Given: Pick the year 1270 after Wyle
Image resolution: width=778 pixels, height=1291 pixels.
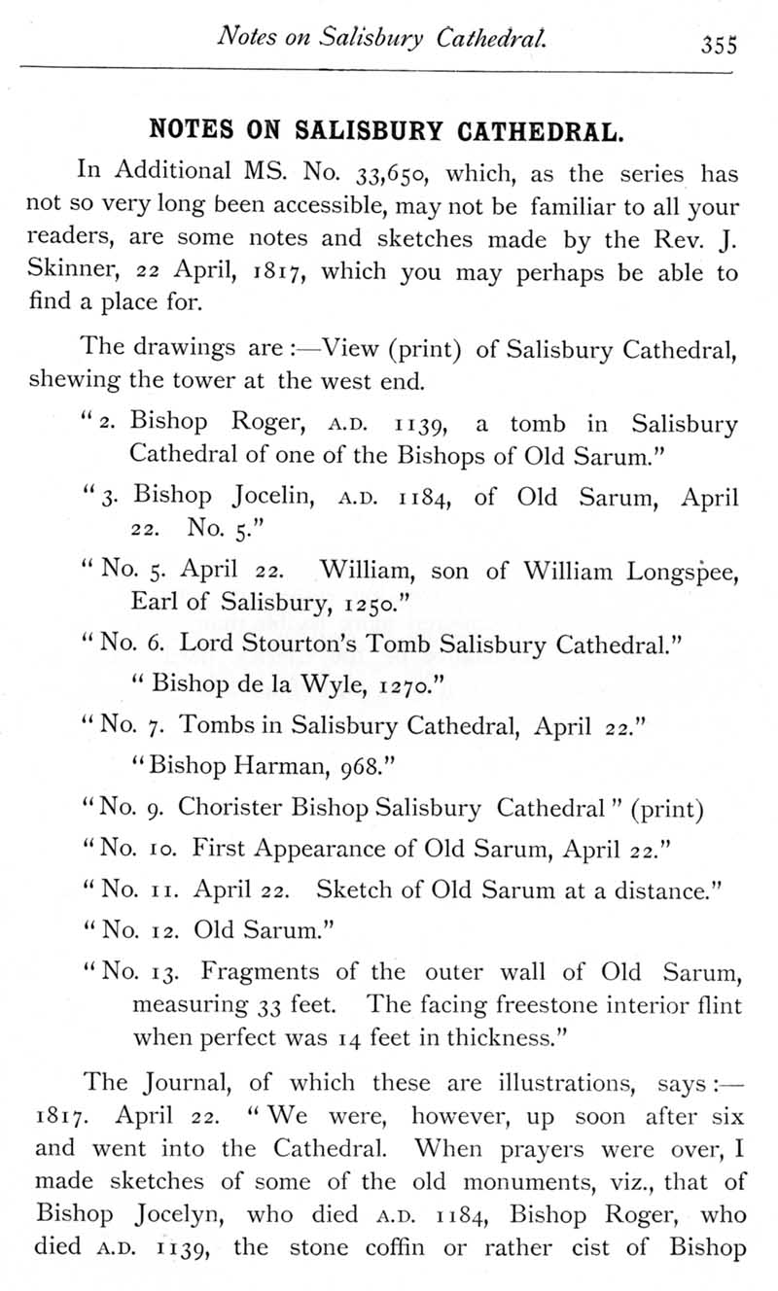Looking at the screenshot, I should pos(400,689).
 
